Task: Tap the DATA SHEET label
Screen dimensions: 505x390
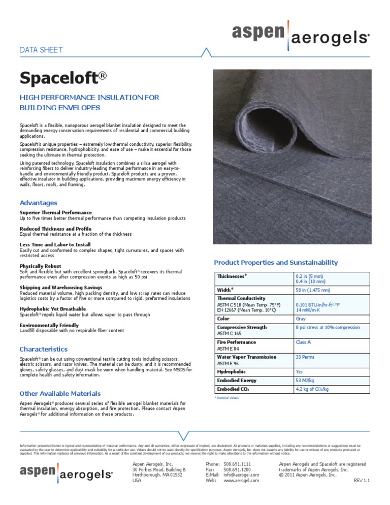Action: coord(41,50)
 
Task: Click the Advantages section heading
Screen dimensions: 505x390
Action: coord(38,203)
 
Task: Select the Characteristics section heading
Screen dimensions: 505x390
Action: coord(43,350)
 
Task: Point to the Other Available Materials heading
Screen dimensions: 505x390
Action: coord(60,394)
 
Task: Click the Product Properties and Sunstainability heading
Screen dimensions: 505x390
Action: coord(276,263)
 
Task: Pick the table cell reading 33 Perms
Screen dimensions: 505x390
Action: coord(305,357)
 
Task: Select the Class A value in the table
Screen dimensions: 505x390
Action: coord(303,342)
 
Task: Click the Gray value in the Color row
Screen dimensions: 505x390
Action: coord(301,319)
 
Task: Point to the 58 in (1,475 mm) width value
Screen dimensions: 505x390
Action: coord(313,290)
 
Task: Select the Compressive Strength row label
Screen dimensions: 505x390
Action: coord(242,328)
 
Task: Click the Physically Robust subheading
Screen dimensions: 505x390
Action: coord(40,266)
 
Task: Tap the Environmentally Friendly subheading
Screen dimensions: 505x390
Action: coord(49,325)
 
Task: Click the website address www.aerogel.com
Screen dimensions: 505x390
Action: coord(241,481)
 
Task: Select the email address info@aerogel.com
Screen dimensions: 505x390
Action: coord(241,475)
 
